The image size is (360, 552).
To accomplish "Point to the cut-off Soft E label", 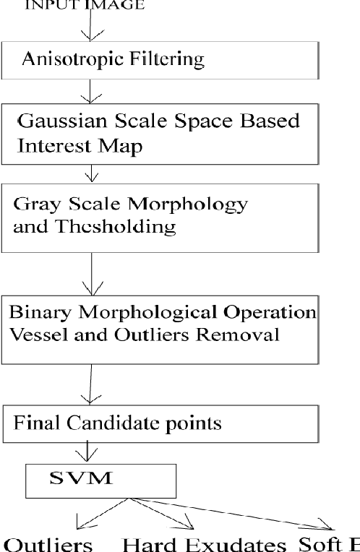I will click(x=329, y=543).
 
